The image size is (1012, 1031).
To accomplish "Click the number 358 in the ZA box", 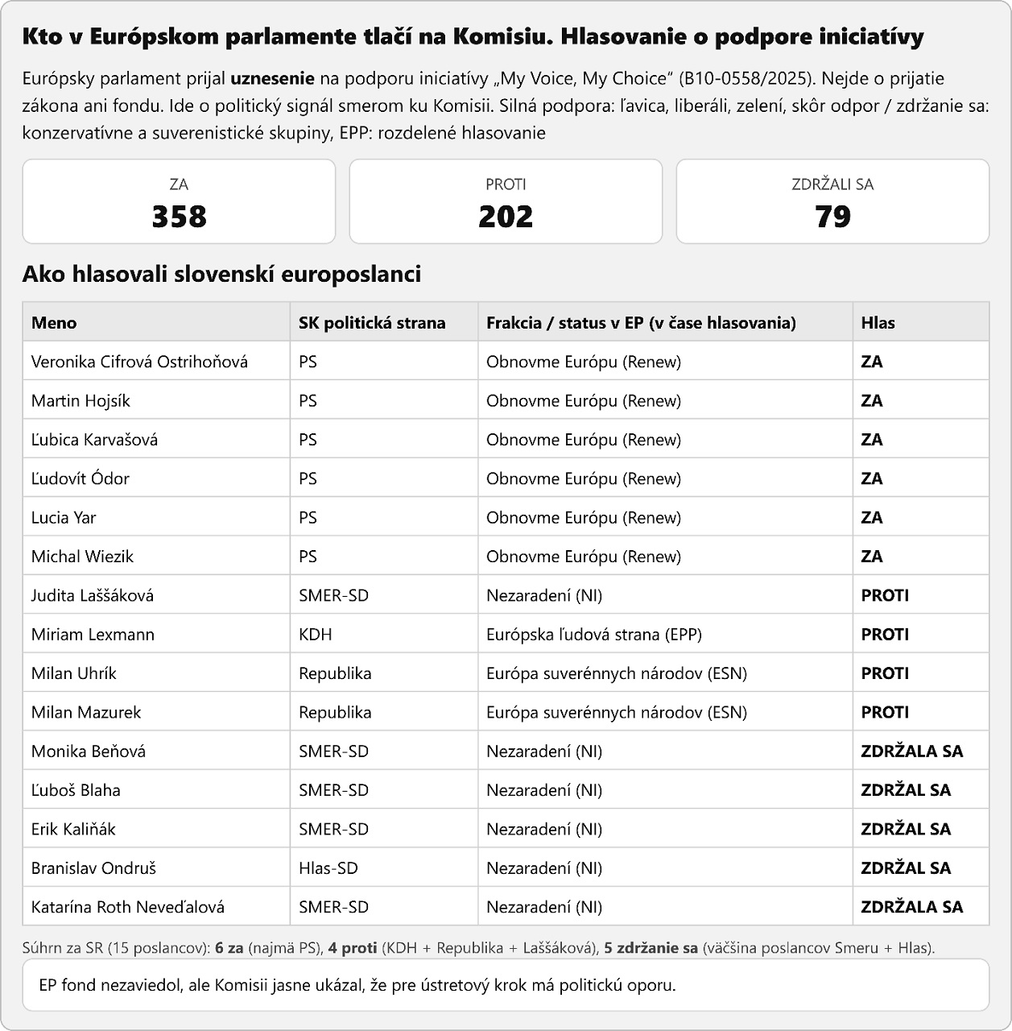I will pyautogui.click(x=179, y=217).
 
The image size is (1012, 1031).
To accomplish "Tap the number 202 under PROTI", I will pyautogui.click(x=506, y=217).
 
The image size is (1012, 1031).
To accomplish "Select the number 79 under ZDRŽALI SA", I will pyautogui.click(x=832, y=217).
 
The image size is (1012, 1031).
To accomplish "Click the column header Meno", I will pyautogui.click(x=54, y=323).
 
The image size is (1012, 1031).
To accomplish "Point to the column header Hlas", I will pyautogui.click(x=878, y=323).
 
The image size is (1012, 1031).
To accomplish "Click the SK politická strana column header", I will pyautogui.click(x=372, y=323).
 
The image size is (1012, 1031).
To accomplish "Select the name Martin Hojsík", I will pyautogui.click(x=81, y=401).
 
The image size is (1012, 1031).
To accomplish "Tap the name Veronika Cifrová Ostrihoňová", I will pyautogui.click(x=139, y=362).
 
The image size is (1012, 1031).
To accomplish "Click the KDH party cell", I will pyautogui.click(x=316, y=635).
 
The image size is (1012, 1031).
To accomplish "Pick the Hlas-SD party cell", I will pyautogui.click(x=328, y=868).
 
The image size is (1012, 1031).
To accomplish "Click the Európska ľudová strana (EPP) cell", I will pyautogui.click(x=594, y=635).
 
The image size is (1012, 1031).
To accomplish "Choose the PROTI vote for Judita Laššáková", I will pyautogui.click(x=885, y=595).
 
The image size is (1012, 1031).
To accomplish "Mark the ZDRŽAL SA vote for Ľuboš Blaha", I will pyautogui.click(x=906, y=790).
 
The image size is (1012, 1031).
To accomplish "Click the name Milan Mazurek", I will pyautogui.click(x=86, y=712).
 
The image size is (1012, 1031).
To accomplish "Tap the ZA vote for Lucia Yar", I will pyautogui.click(x=872, y=518).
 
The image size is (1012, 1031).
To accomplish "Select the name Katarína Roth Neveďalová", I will pyautogui.click(x=128, y=907).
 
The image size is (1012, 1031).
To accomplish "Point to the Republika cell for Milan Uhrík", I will pyautogui.click(x=335, y=673).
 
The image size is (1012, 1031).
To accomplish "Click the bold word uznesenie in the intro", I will pyautogui.click(x=272, y=79).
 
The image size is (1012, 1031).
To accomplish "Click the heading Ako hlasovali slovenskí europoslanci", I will pyautogui.click(x=221, y=274).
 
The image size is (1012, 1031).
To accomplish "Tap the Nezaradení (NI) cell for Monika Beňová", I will pyautogui.click(x=544, y=752).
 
